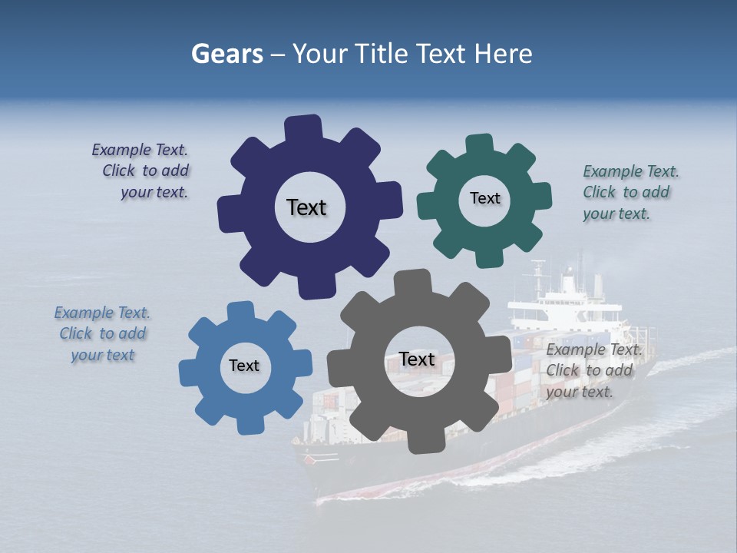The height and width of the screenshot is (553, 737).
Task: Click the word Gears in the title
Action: coord(226,55)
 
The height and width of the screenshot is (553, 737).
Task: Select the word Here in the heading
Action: coord(504,54)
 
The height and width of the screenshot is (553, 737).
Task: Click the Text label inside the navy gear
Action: coord(306,207)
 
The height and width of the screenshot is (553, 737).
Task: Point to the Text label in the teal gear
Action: coord(484,198)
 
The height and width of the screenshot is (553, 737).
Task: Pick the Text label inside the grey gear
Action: coord(417,359)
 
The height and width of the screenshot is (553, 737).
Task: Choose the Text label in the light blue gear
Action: coord(244,366)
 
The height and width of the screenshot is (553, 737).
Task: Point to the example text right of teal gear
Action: coord(630,192)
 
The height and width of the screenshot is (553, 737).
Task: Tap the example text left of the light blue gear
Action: coord(102,333)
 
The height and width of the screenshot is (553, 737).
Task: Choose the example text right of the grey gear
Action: coord(593,370)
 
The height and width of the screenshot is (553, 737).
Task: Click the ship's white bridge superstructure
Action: coord(564,303)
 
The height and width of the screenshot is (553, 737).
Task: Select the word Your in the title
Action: coord(320,54)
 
